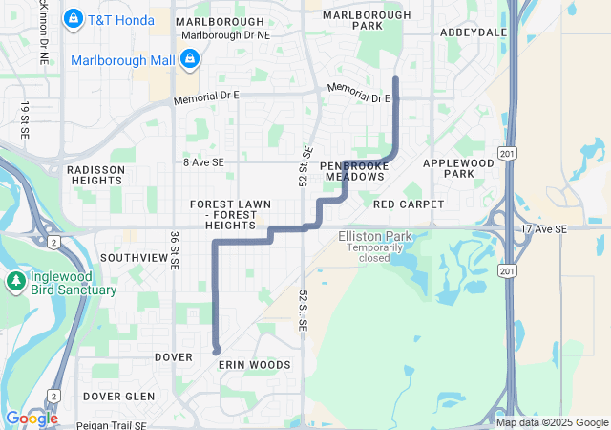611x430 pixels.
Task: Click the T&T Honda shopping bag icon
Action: [73, 18]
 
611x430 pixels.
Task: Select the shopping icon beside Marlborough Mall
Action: [190, 60]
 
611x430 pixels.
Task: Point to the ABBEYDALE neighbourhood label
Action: [474, 32]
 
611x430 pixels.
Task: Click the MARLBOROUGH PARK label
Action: [366, 20]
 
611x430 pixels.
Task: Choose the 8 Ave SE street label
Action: [203, 163]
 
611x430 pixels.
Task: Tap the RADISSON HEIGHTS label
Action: [96, 175]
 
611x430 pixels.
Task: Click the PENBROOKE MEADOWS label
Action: [354, 171]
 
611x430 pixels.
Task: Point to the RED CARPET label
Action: [409, 204]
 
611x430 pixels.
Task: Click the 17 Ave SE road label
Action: [544, 229]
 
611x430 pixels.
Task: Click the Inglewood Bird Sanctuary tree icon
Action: [15, 282]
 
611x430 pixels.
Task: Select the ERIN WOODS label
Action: [254, 365]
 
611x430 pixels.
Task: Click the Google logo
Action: [31, 419]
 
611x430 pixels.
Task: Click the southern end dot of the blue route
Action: [217, 351]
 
